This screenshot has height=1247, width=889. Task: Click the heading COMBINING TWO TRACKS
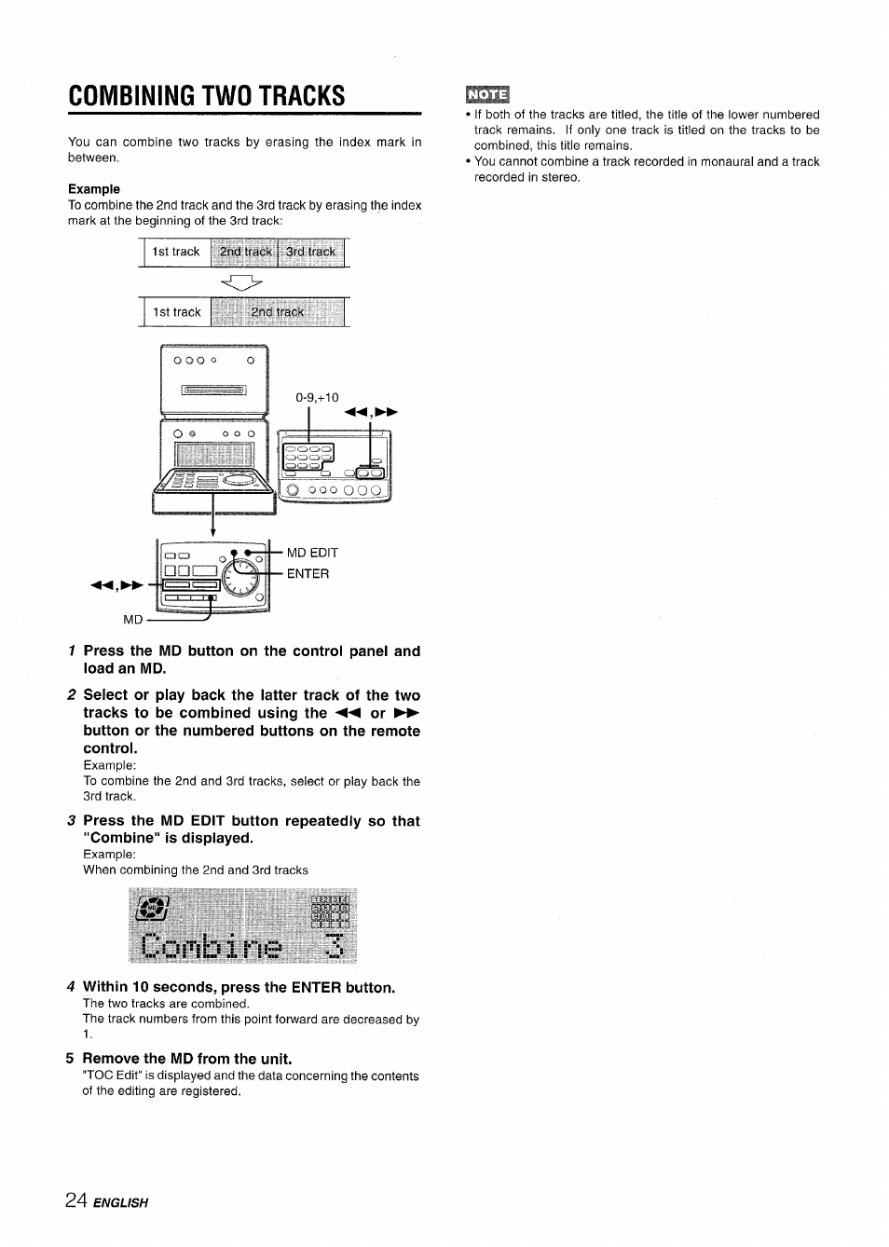[206, 96]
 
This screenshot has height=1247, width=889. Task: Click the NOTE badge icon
[486, 95]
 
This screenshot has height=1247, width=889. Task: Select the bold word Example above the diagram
[94, 189]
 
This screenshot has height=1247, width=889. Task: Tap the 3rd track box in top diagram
[311, 253]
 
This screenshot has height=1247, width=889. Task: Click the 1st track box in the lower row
[177, 312]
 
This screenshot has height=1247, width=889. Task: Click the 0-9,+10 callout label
[317, 397]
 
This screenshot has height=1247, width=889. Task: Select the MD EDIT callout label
[312, 553]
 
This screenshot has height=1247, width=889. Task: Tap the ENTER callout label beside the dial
[308, 574]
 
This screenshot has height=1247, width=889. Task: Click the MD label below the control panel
[133, 620]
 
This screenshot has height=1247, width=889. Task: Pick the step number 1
[72, 651]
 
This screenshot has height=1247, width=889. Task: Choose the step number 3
[71, 821]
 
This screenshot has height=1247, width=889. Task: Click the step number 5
[70, 1059]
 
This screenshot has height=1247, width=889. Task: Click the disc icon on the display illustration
[151, 908]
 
